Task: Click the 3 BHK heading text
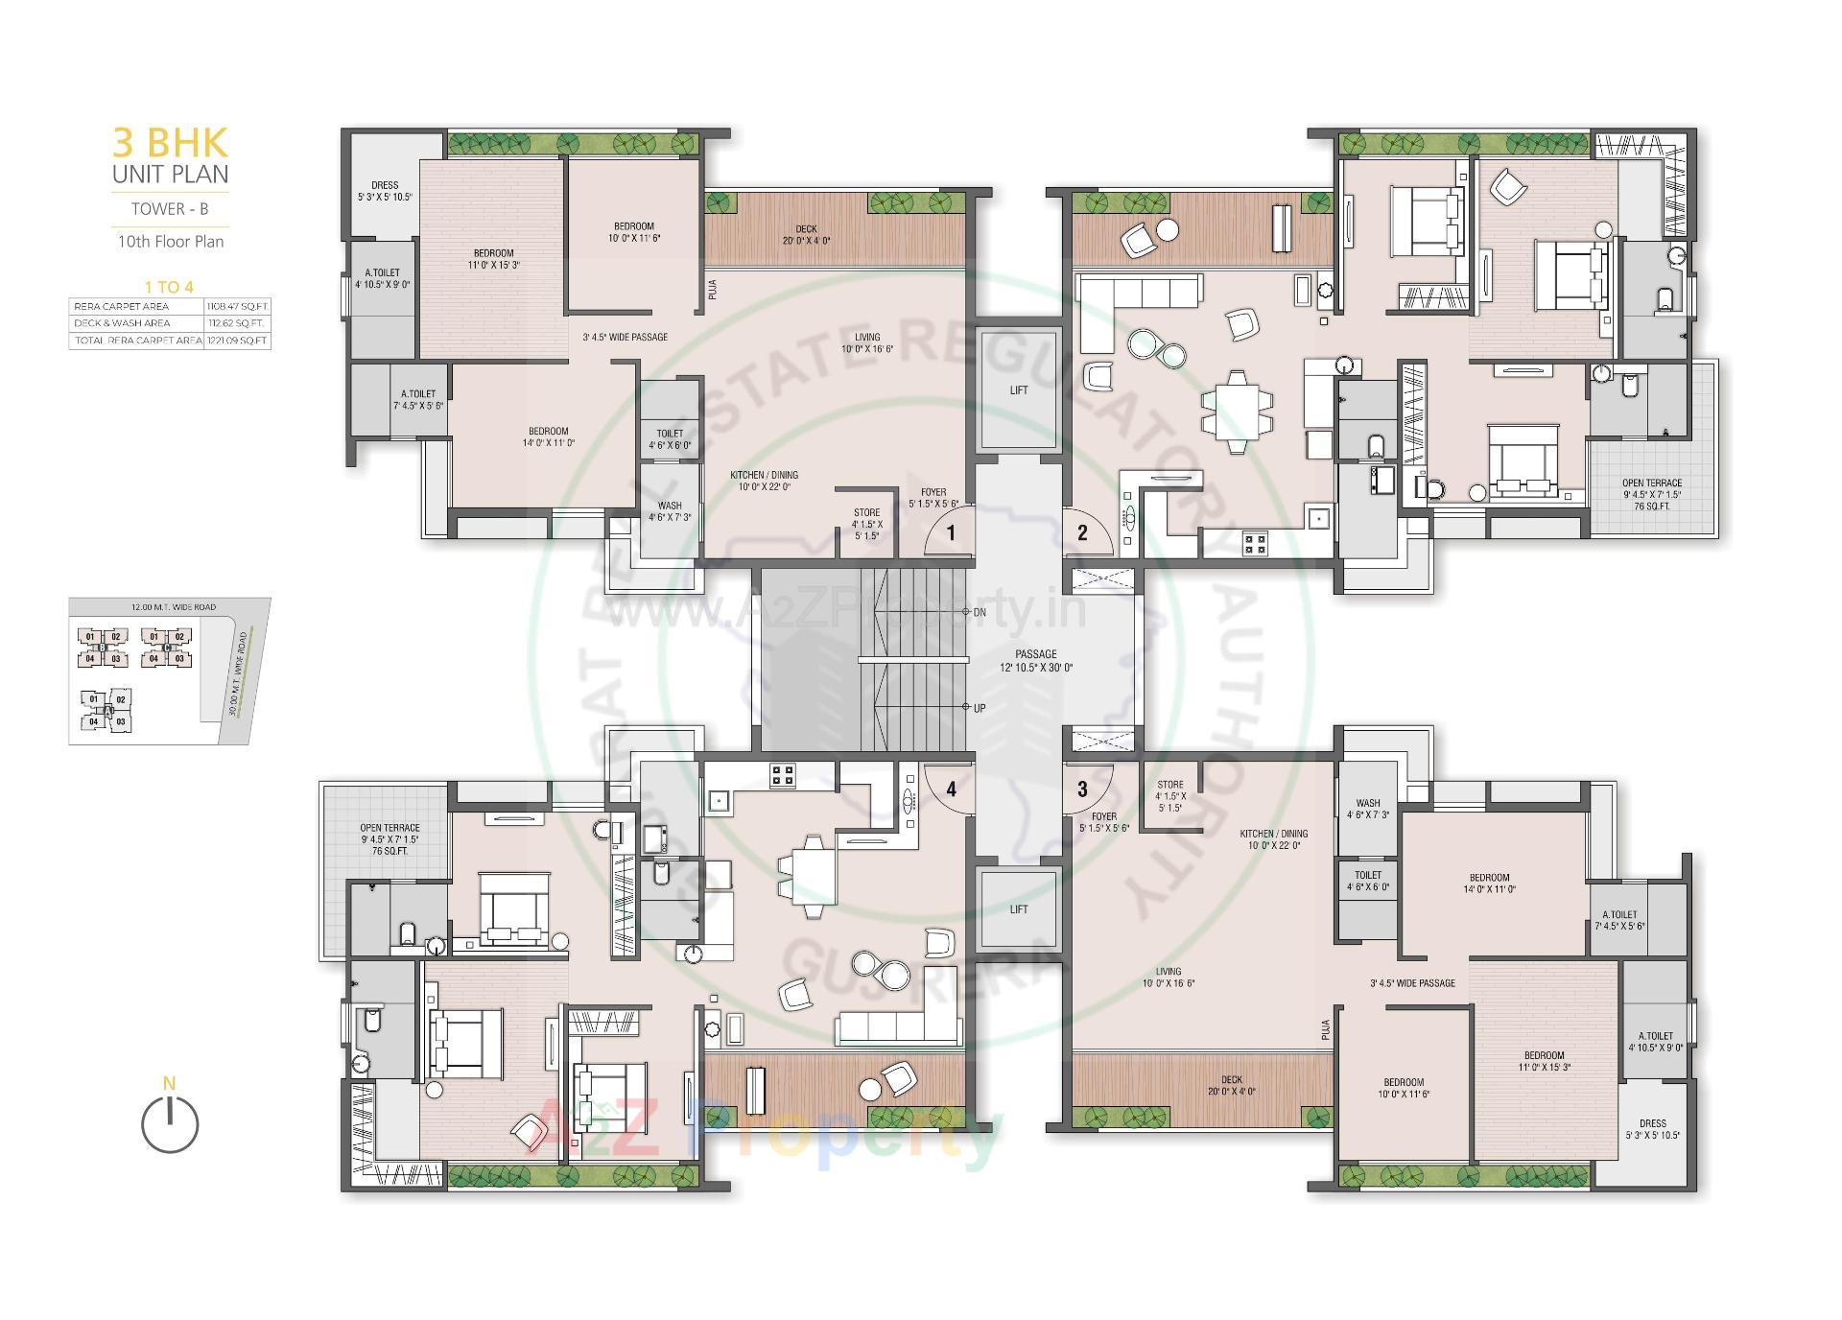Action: pos(171,142)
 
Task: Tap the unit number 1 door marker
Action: pos(951,533)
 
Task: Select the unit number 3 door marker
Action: pos(1082,790)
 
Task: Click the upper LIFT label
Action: pos(1019,390)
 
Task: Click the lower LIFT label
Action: pos(1019,909)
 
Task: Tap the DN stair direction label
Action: pos(980,612)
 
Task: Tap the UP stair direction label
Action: pos(980,708)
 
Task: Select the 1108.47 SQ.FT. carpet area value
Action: pos(237,307)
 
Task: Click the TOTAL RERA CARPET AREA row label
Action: pos(137,341)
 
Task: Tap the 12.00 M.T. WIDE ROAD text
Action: pos(174,607)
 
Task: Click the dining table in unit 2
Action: pos(1237,411)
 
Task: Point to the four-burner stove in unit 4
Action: pos(783,775)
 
